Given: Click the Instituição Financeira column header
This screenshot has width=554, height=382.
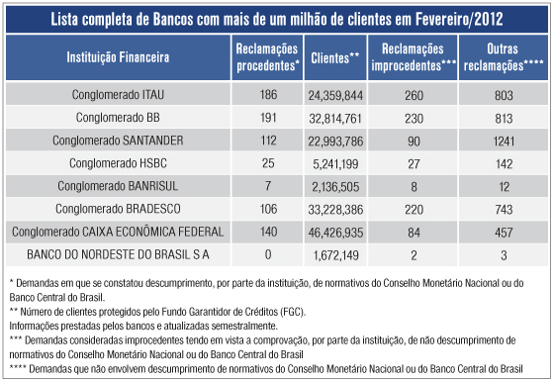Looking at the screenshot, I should pyautogui.click(x=118, y=57).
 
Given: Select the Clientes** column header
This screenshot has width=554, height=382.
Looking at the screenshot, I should pyautogui.click(x=333, y=57).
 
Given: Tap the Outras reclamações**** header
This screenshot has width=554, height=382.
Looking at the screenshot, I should pyautogui.click(x=505, y=57).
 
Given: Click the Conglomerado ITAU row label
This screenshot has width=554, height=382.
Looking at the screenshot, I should pyautogui.click(x=118, y=96).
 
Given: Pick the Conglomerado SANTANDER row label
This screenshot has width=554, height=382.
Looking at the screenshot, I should pyautogui.click(x=118, y=140).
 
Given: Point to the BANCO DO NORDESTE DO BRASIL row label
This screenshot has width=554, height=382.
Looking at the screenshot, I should pyautogui.click(x=118, y=254).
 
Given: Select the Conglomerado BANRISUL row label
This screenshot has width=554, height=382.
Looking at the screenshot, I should pyautogui.click(x=118, y=186).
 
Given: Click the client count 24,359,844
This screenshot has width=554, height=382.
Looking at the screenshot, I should pyautogui.click(x=334, y=96).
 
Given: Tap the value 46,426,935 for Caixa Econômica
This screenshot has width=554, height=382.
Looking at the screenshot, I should pyautogui.click(x=334, y=233).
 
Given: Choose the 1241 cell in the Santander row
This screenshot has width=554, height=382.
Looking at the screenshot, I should pyautogui.click(x=505, y=140).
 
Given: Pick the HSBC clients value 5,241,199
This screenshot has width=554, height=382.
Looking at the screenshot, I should pyautogui.click(x=334, y=162).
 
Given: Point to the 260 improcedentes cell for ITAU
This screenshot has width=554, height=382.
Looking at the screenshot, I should pyautogui.click(x=414, y=96).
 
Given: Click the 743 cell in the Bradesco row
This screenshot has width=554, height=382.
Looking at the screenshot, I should pyautogui.click(x=505, y=209).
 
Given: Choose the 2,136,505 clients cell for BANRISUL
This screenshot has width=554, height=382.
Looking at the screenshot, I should pyautogui.click(x=334, y=186).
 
